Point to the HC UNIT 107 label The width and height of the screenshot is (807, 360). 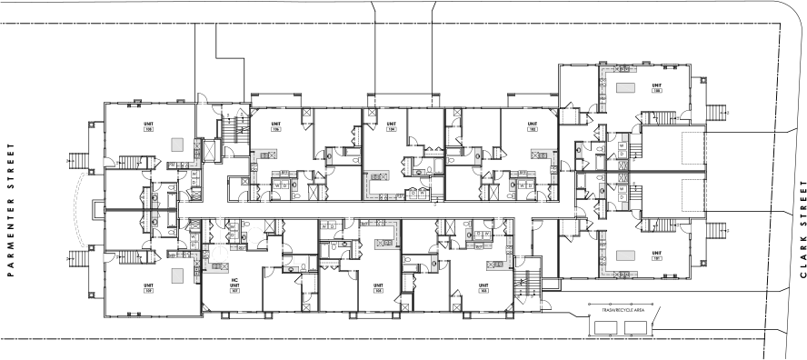[234, 289]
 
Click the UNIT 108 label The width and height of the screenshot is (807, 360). [148, 126]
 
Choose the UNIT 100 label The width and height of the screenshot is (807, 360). [654, 87]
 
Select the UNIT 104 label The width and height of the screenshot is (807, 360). [392, 126]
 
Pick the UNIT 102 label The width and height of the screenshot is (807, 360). [532, 126]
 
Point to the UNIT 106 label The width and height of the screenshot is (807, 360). [274, 126]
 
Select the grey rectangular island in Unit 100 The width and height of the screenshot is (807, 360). [625, 87]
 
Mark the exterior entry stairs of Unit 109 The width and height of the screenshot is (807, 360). [77, 262]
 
